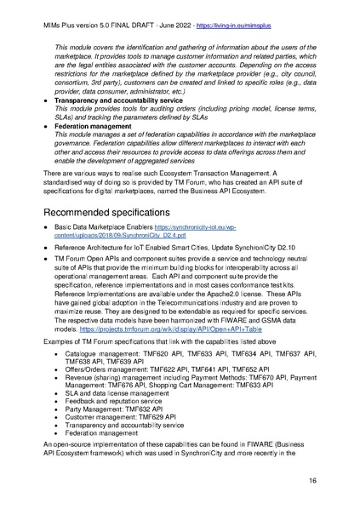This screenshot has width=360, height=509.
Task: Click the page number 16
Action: click(336, 481)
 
